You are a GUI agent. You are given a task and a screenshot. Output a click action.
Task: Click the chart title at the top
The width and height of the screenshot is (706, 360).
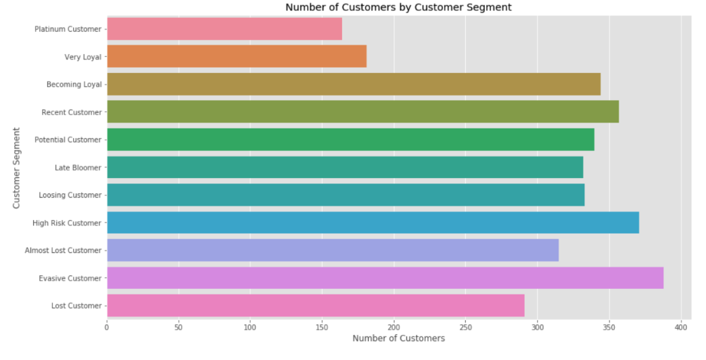(x=398, y=7)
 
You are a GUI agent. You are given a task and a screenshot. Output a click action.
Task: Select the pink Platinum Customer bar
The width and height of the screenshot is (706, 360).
(x=225, y=28)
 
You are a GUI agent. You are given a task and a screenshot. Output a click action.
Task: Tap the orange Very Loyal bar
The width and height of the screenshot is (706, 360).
(x=237, y=56)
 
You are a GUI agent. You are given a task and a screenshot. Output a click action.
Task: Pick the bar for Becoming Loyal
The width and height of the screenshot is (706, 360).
(x=354, y=84)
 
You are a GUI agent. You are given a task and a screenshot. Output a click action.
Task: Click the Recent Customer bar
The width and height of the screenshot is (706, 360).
(x=362, y=112)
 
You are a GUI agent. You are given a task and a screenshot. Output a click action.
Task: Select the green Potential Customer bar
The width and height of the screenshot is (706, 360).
(x=350, y=139)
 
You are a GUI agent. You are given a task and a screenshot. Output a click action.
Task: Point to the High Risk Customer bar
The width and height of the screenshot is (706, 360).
(x=373, y=223)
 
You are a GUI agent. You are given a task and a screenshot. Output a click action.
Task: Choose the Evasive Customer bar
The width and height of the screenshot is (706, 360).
(x=385, y=278)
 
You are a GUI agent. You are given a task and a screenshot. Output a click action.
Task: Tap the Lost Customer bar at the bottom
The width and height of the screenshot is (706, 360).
(x=315, y=306)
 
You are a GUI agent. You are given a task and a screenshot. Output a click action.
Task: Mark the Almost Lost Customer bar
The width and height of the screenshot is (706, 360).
(x=333, y=250)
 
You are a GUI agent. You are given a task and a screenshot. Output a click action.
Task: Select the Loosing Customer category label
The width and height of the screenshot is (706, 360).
(x=70, y=195)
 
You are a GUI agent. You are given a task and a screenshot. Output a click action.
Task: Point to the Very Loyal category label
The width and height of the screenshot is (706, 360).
(x=83, y=57)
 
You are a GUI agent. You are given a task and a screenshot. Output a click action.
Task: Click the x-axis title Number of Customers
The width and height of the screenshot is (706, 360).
(x=398, y=338)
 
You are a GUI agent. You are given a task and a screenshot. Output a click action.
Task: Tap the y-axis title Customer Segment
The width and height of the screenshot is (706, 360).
(x=16, y=167)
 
